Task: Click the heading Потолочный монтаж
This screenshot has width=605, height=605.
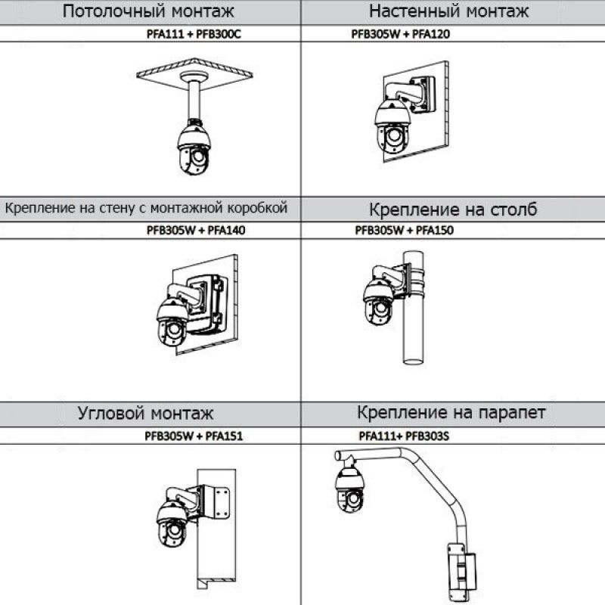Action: click(x=148, y=11)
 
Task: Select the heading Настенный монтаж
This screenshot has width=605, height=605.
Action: click(x=448, y=11)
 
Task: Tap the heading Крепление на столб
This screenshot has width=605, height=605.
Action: click(x=453, y=209)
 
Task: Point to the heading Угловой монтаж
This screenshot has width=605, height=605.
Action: click(x=145, y=413)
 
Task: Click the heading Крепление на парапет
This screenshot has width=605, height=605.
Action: click(x=451, y=412)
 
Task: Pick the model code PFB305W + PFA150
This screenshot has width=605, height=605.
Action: click(x=404, y=231)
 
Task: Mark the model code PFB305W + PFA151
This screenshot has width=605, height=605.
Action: click(x=194, y=436)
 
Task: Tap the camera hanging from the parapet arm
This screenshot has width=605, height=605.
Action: click(x=349, y=493)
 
